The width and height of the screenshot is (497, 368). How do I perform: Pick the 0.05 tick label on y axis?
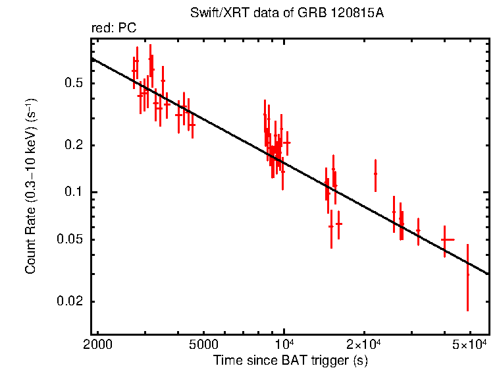point(72,240)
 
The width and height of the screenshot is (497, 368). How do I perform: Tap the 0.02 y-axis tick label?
point(72,302)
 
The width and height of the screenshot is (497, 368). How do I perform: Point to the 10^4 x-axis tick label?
point(284,345)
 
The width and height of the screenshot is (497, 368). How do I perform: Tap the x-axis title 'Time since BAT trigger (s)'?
point(290,360)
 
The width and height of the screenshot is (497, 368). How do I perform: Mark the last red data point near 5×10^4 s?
point(467,275)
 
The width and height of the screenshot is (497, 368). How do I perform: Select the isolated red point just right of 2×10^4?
point(375,174)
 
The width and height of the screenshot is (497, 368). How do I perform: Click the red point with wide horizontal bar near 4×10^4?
point(448,240)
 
